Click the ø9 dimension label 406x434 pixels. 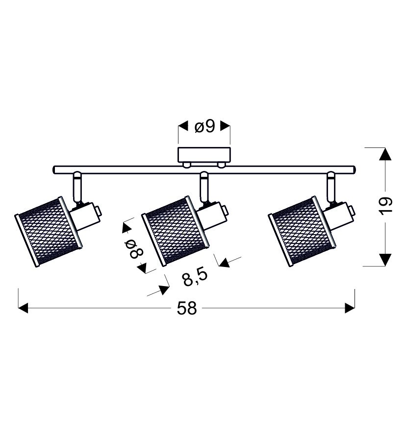click(205, 127)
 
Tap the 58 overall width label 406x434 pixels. click(187, 308)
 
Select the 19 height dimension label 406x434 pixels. click(385, 206)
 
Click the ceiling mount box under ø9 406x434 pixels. click(204, 155)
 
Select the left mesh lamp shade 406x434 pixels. click(49, 232)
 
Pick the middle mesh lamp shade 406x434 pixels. click(176, 231)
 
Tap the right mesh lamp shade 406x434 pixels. click(302, 231)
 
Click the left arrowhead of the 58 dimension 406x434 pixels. click(23, 308)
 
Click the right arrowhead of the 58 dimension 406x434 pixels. click(350, 308)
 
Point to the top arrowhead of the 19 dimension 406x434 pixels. click(385, 154)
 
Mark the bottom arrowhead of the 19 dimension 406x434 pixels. click(385, 260)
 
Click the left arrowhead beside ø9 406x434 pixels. click(183, 126)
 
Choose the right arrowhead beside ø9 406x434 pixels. click(225, 126)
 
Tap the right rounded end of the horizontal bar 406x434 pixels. click(354, 169)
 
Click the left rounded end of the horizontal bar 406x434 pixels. click(54, 169)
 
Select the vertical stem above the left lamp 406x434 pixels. click(77, 187)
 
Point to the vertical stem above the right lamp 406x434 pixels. click(330, 187)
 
